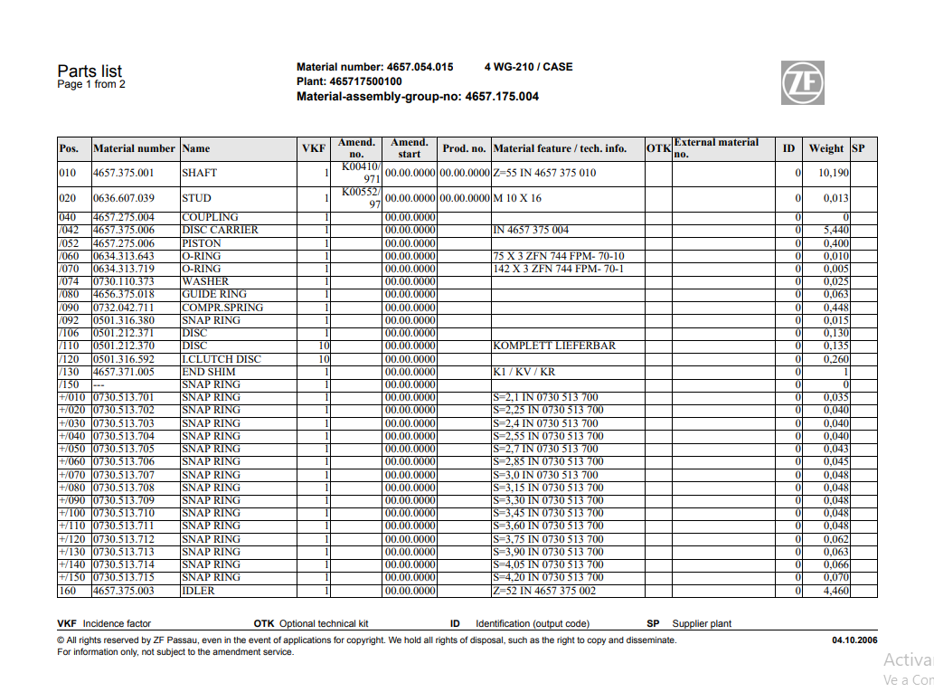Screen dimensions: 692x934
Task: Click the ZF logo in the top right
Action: pyautogui.click(x=803, y=82)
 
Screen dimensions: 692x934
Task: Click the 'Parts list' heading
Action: pyautogui.click(x=90, y=71)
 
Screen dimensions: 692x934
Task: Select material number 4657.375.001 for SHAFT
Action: pyautogui.click(x=124, y=173)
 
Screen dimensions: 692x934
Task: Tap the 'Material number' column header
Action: pyautogui.click(x=134, y=148)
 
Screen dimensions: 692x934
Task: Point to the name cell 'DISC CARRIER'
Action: pyautogui.click(x=220, y=230)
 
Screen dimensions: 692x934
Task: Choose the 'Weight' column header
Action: pyautogui.click(x=826, y=148)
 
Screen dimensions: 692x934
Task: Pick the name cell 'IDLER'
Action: pyautogui.click(x=198, y=591)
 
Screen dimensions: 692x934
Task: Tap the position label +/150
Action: pyautogui.click(x=73, y=577)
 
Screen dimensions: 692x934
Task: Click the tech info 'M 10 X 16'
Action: pyautogui.click(x=517, y=198)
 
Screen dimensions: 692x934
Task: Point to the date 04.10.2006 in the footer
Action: pyautogui.click(x=854, y=640)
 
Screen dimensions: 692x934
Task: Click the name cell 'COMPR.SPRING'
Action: pyautogui.click(x=222, y=308)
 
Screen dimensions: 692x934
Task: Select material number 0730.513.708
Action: pyautogui.click(x=124, y=488)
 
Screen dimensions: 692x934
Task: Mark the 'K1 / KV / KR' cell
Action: pyautogui.click(x=524, y=372)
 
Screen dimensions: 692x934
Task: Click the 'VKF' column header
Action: pyautogui.click(x=313, y=148)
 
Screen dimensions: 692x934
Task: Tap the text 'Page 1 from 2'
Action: pyautogui.click(x=91, y=85)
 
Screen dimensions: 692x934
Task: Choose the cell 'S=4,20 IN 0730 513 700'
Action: pyautogui.click(x=548, y=577)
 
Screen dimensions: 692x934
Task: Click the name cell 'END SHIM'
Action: pyautogui.click(x=209, y=372)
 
